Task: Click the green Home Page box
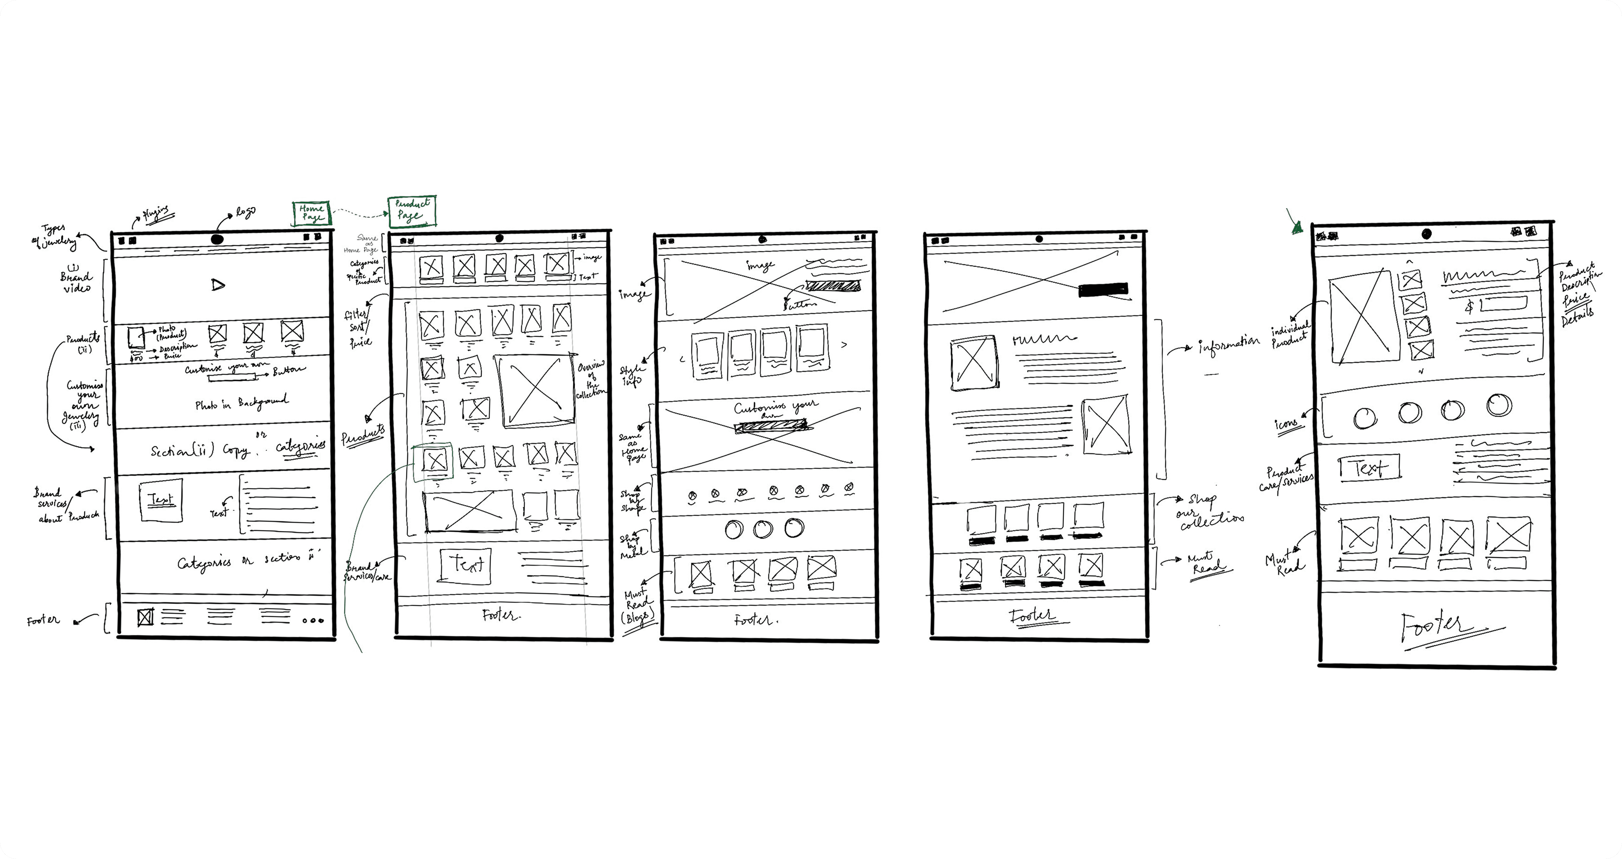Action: coord(311,213)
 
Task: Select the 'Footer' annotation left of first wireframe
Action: coord(43,621)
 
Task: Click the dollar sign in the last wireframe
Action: coord(1469,307)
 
